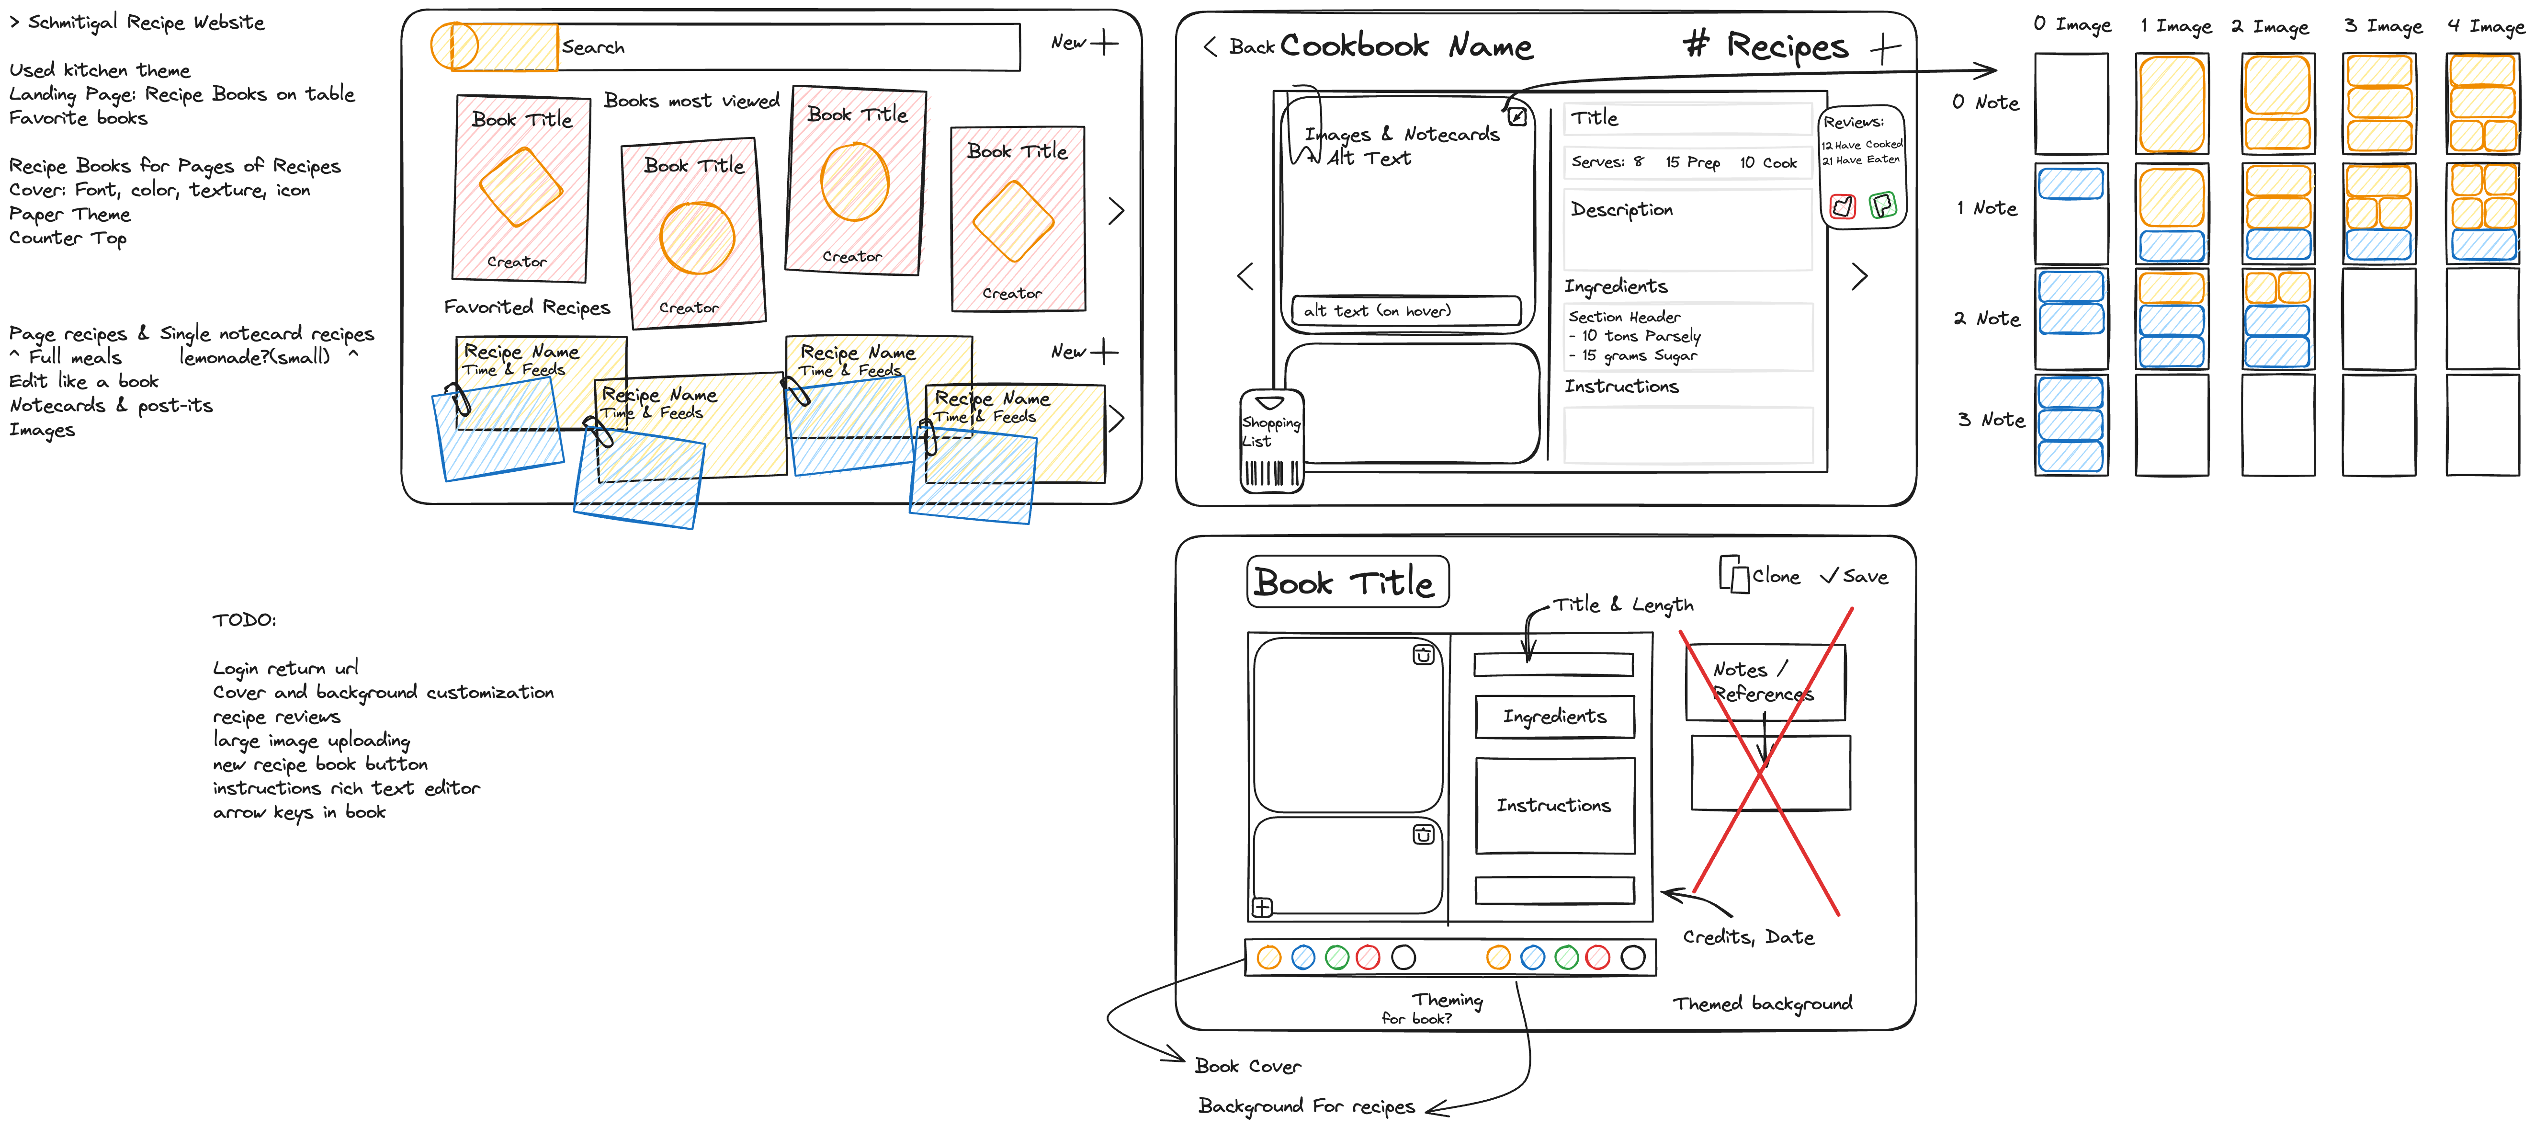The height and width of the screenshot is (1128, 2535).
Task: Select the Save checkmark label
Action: coord(1854,577)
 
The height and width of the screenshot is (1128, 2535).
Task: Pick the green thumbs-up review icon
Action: coord(1882,205)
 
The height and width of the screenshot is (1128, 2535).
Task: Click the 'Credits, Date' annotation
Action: coord(1748,937)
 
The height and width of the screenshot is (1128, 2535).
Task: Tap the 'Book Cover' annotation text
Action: coord(1247,1066)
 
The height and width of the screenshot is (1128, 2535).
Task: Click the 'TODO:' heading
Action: coord(244,620)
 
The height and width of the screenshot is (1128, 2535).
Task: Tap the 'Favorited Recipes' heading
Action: coord(526,307)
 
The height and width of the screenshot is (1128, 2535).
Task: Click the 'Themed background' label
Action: coord(1762,1004)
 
